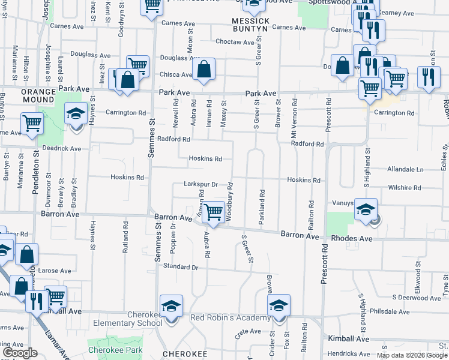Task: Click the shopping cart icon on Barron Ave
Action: (x=214, y=212)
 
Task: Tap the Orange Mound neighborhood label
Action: (x=38, y=96)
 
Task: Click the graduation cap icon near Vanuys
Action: (x=366, y=209)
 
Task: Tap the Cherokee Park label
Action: (x=109, y=349)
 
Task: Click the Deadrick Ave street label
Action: (x=62, y=148)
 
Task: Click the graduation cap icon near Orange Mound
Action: (x=76, y=114)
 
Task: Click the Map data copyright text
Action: (x=412, y=355)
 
